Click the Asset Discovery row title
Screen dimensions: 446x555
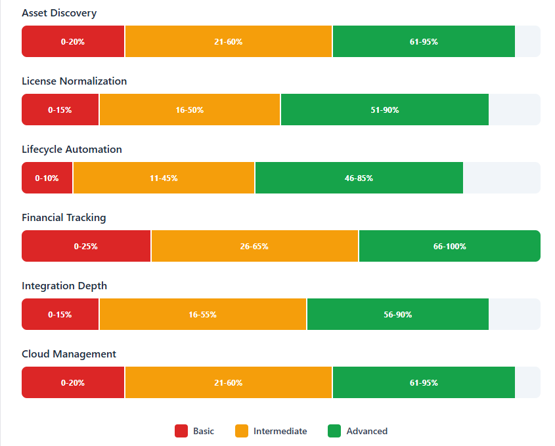click(x=59, y=13)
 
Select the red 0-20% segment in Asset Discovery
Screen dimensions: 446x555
click(x=73, y=41)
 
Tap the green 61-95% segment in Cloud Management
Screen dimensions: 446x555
click(x=424, y=382)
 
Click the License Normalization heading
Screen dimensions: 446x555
click(x=74, y=81)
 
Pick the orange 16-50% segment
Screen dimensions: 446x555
click(x=190, y=110)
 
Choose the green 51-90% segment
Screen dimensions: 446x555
click(x=384, y=110)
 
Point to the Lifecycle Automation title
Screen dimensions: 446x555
click(x=72, y=150)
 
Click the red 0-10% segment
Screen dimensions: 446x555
click(x=47, y=178)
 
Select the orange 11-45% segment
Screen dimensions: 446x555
click(x=164, y=178)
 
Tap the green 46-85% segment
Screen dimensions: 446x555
click(x=359, y=178)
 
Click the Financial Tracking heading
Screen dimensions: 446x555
click(x=64, y=218)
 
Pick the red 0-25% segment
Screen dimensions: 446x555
click(x=86, y=246)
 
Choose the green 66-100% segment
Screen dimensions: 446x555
click(x=449, y=246)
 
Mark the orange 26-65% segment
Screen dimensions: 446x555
click(x=255, y=246)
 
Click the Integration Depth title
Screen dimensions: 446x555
click(x=64, y=286)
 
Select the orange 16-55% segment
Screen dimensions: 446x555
click(x=203, y=314)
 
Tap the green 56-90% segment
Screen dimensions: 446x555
click(x=397, y=314)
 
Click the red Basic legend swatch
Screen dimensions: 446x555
click(x=181, y=431)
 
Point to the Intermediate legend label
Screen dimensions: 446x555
click(x=280, y=431)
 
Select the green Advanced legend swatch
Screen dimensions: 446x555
click(x=334, y=431)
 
